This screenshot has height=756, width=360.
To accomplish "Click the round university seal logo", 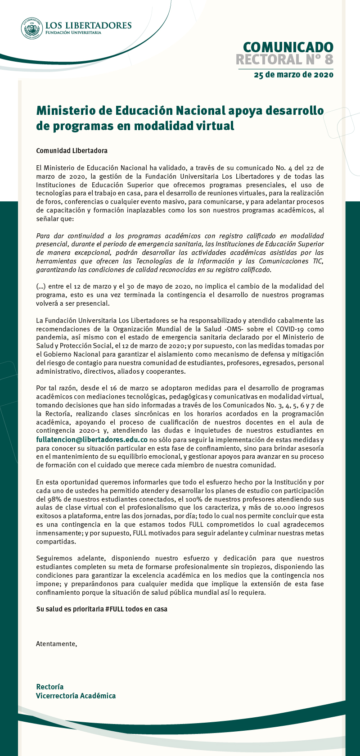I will coord(32,28).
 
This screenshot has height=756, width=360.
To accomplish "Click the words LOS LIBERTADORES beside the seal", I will coord(88,25).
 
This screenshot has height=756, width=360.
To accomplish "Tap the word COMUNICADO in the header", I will coord(288,47).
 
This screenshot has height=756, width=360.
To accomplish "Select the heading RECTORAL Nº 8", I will coord(284,59).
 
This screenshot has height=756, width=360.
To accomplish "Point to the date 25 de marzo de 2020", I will coord(293,75).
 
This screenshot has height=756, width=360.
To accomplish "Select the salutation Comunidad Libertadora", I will coord(72,150).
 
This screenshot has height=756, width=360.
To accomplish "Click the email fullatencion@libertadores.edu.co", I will coord(92,439).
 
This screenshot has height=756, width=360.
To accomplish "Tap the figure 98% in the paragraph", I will coord(55,499).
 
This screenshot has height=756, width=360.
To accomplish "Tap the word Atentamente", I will coord(56,644).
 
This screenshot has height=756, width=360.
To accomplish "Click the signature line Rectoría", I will coord(49,687).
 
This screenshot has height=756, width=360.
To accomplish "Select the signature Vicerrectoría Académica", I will coord(76,696).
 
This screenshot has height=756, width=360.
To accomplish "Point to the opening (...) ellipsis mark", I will coord(40,286).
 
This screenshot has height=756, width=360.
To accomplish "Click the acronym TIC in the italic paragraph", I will coord(318,261).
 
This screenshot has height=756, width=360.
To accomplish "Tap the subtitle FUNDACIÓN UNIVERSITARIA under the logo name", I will coord(73,33).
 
